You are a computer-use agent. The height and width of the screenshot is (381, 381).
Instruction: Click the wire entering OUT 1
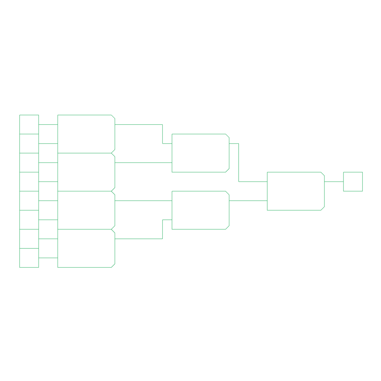pyautogui.click(x=334, y=182)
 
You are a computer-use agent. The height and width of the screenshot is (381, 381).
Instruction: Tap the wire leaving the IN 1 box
pyautogui.click(x=48, y=125)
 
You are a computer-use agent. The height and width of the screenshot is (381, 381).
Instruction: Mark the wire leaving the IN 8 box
pyautogui.click(x=48, y=257)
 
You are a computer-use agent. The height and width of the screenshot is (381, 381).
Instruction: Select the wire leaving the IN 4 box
pyautogui.click(x=48, y=182)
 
